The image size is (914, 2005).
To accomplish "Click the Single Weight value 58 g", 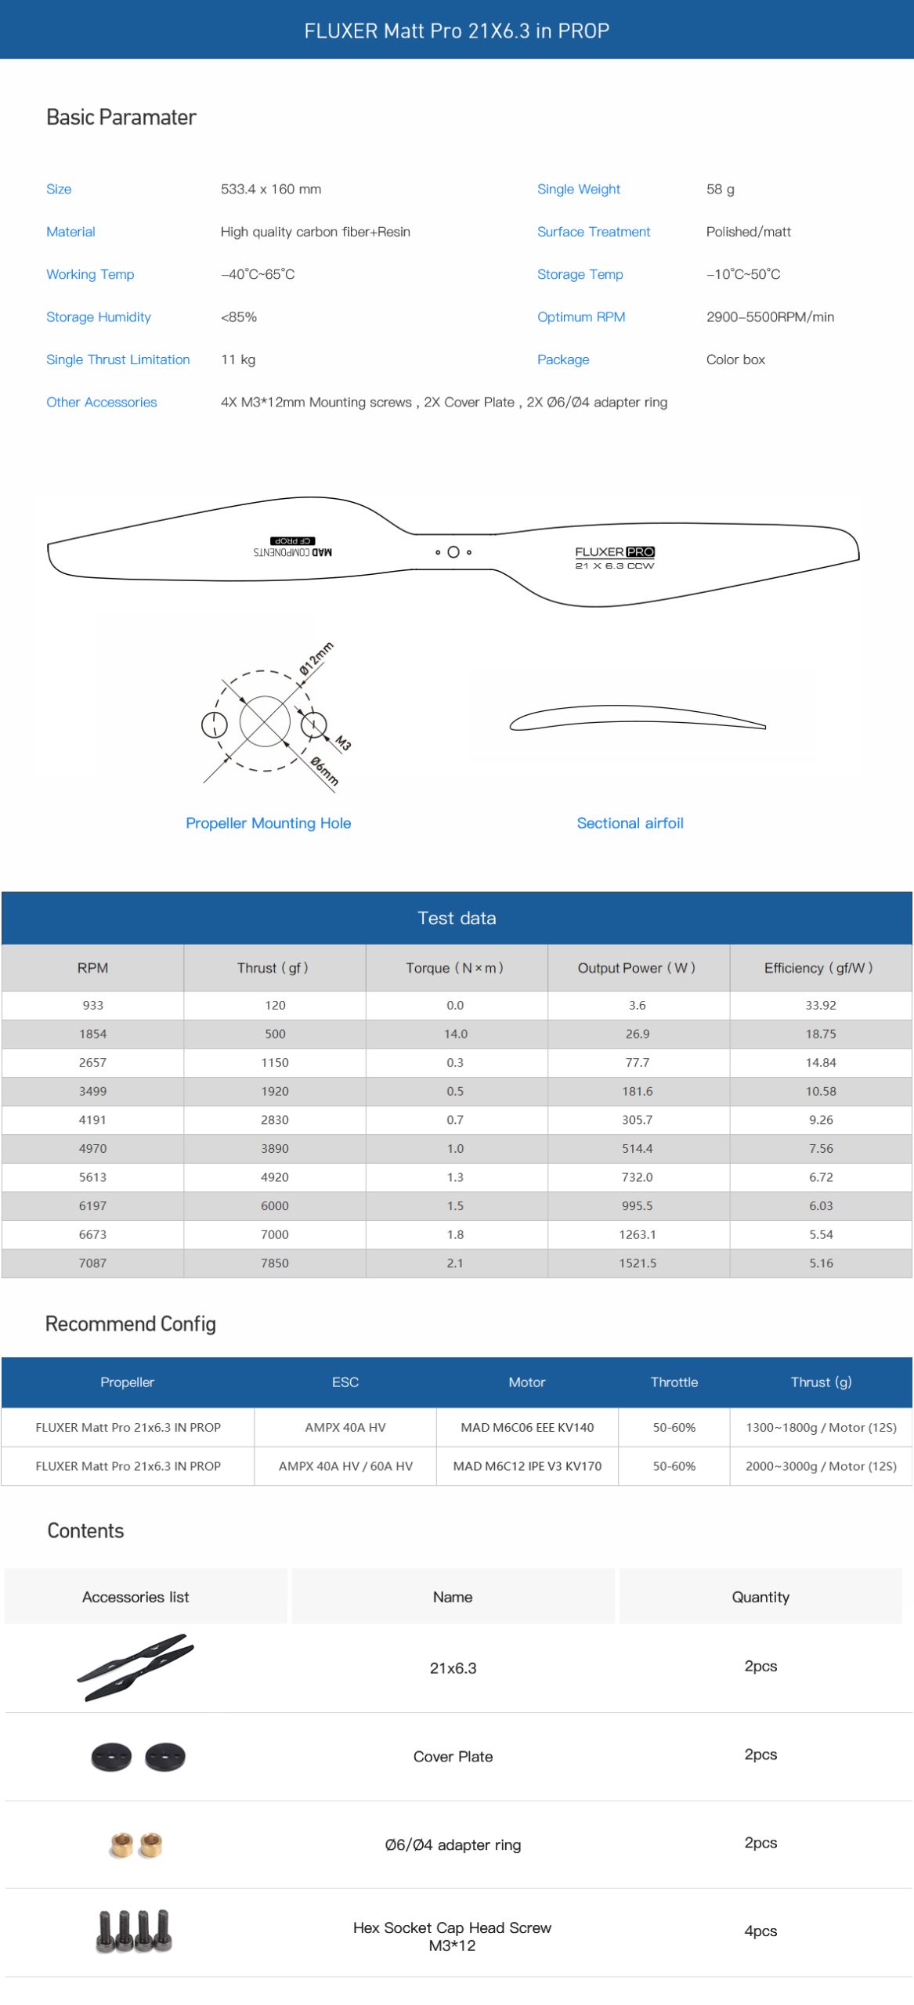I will tap(720, 189).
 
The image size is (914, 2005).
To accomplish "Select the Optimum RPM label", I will tap(580, 316).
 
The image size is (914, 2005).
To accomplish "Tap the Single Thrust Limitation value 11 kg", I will tap(238, 359).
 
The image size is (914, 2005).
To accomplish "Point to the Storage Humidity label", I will tap(98, 316).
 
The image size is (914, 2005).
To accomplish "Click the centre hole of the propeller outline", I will tap(453, 552).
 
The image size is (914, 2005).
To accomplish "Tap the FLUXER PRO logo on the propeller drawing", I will tap(614, 552).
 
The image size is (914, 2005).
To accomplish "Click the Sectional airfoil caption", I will tap(630, 822).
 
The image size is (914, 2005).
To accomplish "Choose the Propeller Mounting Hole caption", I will tap(268, 822).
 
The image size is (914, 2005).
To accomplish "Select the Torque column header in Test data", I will tap(455, 967).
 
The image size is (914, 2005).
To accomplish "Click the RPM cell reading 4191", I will tap(92, 1119).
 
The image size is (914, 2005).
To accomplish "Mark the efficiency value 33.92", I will tap(820, 1005).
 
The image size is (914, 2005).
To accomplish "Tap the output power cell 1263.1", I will tap(637, 1234).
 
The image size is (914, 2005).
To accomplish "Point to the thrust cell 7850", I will tap(275, 1263).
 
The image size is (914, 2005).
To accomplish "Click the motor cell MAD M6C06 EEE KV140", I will tap(527, 1427).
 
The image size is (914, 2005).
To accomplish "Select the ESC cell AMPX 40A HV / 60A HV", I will tap(345, 1465).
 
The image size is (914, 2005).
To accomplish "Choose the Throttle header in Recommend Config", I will tap(674, 1382).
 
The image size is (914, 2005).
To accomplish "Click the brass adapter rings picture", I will tap(135, 1844).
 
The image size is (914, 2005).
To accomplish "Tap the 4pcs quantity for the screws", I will tap(760, 1931).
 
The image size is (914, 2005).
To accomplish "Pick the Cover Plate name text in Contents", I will tap(453, 1756).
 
